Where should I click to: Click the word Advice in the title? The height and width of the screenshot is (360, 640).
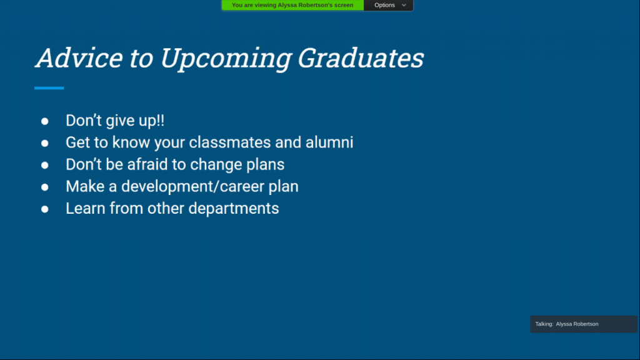point(79,57)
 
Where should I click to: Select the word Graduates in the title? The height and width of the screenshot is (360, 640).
point(361,58)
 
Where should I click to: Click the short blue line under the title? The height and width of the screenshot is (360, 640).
point(49,87)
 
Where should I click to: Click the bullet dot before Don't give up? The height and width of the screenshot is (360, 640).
point(44,121)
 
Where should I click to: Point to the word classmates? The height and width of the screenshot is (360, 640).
point(230,142)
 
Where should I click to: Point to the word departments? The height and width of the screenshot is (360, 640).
point(234,209)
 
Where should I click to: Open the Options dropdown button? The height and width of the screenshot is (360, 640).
point(389,5)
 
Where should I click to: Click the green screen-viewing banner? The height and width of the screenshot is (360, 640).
point(292,5)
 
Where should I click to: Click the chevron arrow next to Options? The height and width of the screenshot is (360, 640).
point(404,5)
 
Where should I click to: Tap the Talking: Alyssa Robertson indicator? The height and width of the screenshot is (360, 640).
point(584,324)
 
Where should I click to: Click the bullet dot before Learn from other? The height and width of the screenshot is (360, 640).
point(44,209)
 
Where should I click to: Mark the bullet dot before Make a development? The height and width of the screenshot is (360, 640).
point(44,187)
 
